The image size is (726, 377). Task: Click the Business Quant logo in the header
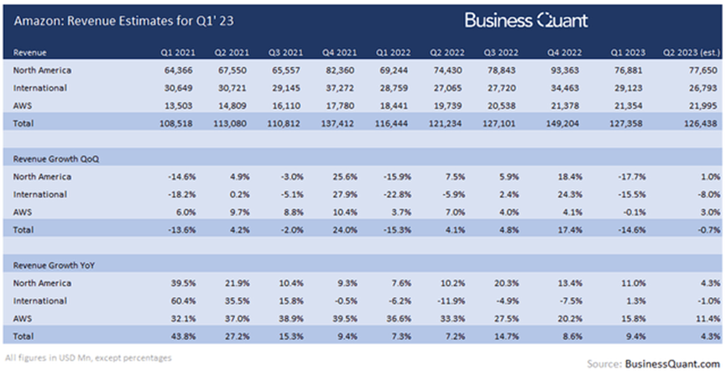(x=526, y=20)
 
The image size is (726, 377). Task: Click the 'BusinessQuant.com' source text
(x=672, y=364)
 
